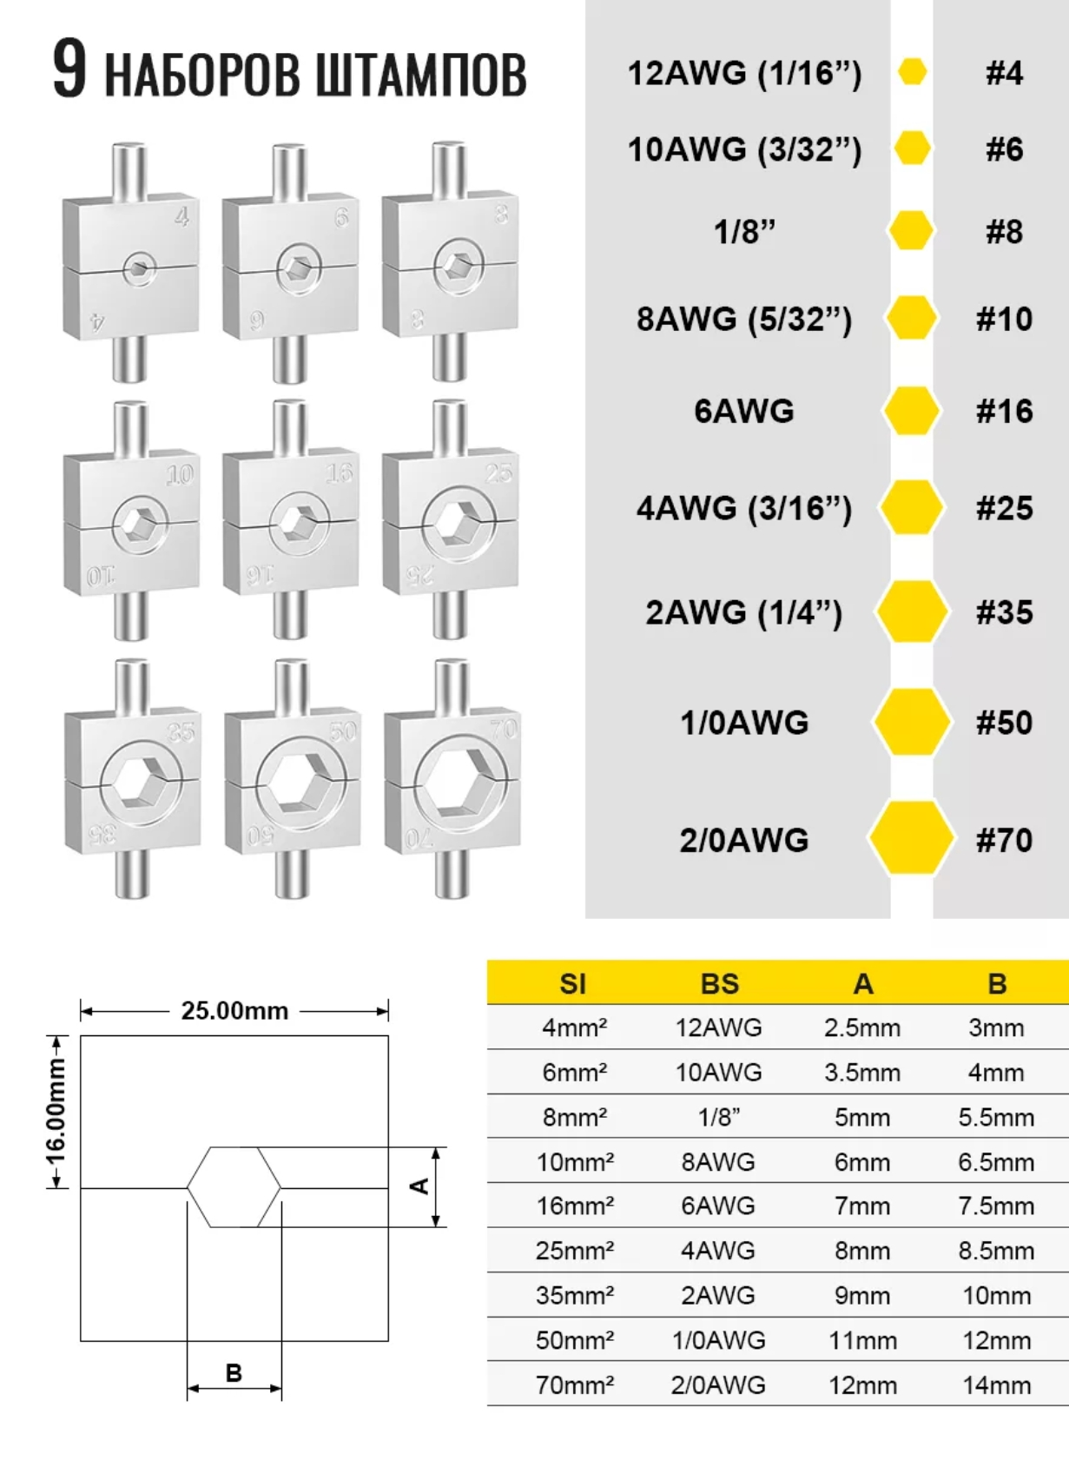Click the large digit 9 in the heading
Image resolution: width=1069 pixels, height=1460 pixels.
(69, 69)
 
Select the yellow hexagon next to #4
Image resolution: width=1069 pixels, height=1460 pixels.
(911, 72)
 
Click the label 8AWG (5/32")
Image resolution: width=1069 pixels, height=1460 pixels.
(743, 320)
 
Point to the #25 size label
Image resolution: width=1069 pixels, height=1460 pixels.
(1004, 508)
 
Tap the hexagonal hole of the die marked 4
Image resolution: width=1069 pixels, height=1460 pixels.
(138, 268)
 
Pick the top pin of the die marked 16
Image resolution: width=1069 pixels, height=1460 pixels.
(290, 427)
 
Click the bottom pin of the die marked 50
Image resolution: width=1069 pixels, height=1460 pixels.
(293, 874)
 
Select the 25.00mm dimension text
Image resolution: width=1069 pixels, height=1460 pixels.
(234, 1011)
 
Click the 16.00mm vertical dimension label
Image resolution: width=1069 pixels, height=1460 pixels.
(57, 1112)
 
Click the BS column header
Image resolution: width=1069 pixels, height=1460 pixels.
(720, 984)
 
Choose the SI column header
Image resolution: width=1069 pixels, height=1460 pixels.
(573, 984)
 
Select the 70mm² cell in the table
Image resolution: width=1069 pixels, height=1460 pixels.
(575, 1384)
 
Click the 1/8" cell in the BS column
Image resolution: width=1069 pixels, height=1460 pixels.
(719, 1117)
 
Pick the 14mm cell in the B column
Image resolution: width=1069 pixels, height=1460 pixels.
(997, 1384)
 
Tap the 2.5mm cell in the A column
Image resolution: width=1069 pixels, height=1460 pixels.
(861, 1028)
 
